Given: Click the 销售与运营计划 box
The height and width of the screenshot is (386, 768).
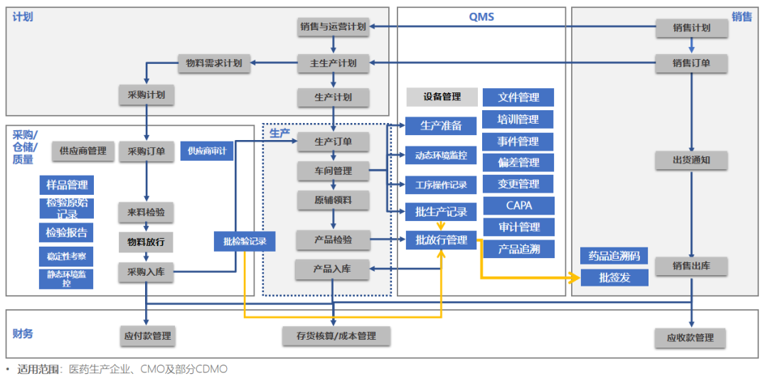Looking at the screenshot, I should tap(333, 27).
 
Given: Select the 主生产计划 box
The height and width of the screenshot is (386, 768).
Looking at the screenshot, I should tap(333, 63).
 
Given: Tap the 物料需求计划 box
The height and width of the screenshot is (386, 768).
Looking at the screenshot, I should tap(213, 63).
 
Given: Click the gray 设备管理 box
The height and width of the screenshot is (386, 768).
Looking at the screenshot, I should tap(442, 97).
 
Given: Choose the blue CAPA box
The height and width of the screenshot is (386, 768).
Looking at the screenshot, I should tap(518, 205).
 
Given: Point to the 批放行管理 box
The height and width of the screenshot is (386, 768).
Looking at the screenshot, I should tap(442, 240).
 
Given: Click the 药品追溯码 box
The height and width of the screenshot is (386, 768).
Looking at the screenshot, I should tap(614, 256).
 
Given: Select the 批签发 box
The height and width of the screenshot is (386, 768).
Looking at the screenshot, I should tap(614, 277).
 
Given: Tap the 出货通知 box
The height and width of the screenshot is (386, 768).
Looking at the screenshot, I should tap(690, 160).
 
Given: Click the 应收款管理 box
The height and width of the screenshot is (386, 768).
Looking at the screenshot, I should tap(690, 338).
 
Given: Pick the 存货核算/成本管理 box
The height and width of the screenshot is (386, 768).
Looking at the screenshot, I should tap(336, 336).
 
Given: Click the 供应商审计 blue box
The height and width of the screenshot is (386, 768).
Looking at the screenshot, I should tap(207, 151).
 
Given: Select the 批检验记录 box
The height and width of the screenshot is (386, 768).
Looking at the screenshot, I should tap(245, 241).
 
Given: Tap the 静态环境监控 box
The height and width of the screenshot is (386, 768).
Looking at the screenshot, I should tap(66, 279).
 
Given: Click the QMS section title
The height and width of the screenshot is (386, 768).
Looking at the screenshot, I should tap(481, 16).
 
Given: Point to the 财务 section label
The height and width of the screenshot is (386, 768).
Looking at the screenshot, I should tap(23, 333).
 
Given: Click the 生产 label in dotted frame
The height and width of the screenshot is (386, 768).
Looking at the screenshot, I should tap(279, 133).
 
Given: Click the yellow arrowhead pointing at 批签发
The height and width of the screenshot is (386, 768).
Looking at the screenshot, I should tap(576, 277).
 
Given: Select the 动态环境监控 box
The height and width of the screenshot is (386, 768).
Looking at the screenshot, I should tap(442, 155).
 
